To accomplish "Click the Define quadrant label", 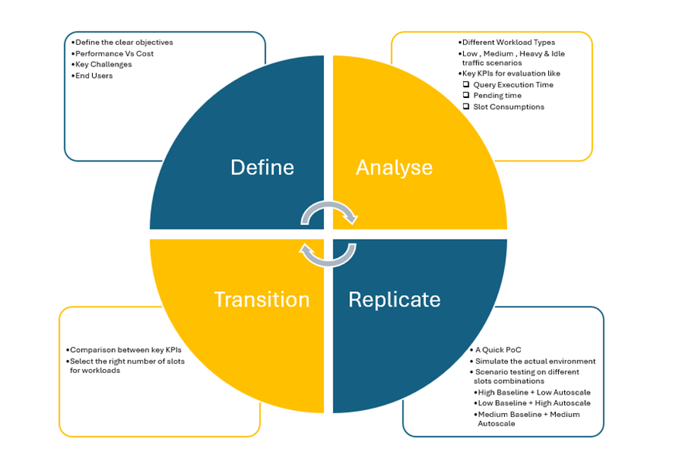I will click(262, 168).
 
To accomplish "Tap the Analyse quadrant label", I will click(394, 168).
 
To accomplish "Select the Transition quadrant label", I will click(261, 300).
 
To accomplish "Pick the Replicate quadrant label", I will click(394, 300).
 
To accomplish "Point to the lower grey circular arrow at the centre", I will click(328, 254).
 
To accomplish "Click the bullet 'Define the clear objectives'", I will click(124, 42).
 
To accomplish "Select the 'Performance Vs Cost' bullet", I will click(114, 53).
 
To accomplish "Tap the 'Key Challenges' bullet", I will click(104, 64).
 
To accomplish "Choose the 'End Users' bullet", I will click(94, 76).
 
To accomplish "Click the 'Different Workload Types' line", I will click(509, 42).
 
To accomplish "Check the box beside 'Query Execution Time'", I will click(466, 85).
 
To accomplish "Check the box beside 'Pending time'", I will click(466, 96).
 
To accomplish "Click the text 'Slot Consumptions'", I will click(509, 107).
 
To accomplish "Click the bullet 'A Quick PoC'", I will click(499, 350).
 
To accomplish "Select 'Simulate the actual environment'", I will click(535, 361).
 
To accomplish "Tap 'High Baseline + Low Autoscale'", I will click(533, 392).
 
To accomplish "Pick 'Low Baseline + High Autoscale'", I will click(533, 403).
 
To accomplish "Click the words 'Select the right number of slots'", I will click(128, 361).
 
